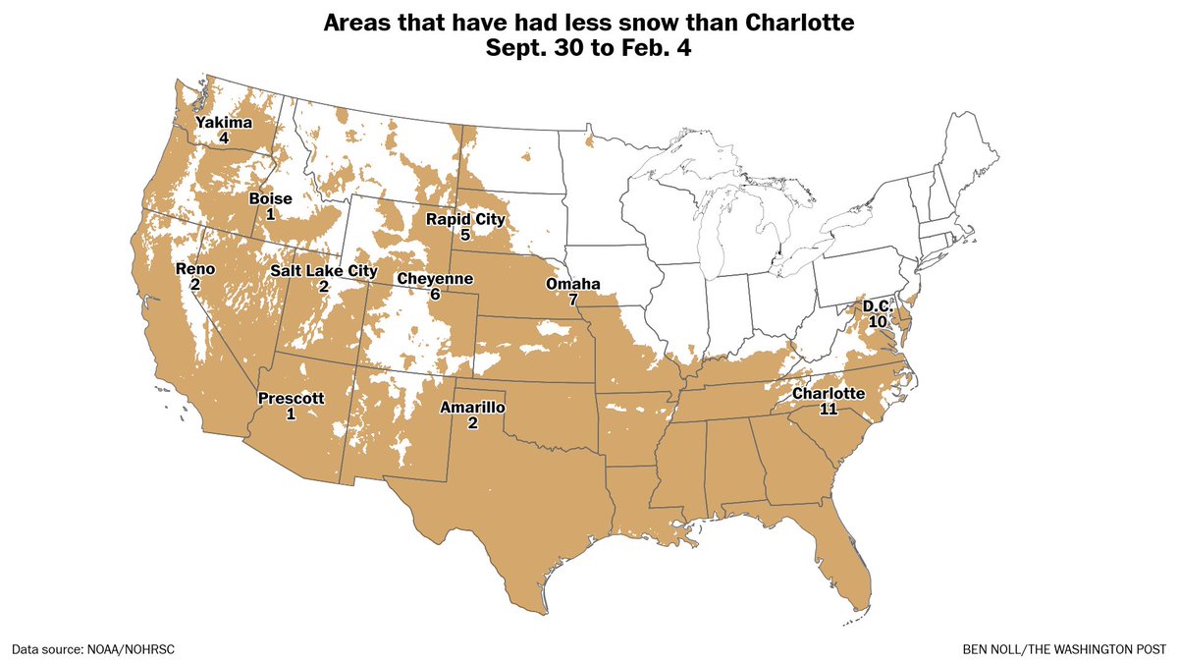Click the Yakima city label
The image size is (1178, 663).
pyautogui.click(x=224, y=123)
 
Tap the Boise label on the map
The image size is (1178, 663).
pyautogui.click(x=270, y=198)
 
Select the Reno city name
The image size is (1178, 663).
pyautogui.click(x=194, y=268)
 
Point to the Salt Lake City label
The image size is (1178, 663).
pyautogui.click(x=323, y=271)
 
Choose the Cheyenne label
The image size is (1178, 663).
pyautogui.click(x=435, y=279)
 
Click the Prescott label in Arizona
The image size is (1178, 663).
pyautogui.click(x=290, y=398)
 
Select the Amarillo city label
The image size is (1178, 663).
pyautogui.click(x=472, y=408)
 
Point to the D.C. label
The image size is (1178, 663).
pyautogui.click(x=877, y=306)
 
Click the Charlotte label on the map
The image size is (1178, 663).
pyautogui.click(x=829, y=394)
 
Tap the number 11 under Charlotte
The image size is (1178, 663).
pyautogui.click(x=829, y=410)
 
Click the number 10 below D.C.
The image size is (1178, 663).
pyautogui.click(x=877, y=322)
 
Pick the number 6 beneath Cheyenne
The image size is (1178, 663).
pyautogui.click(x=435, y=295)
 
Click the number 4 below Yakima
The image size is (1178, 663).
pyautogui.click(x=224, y=138)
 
